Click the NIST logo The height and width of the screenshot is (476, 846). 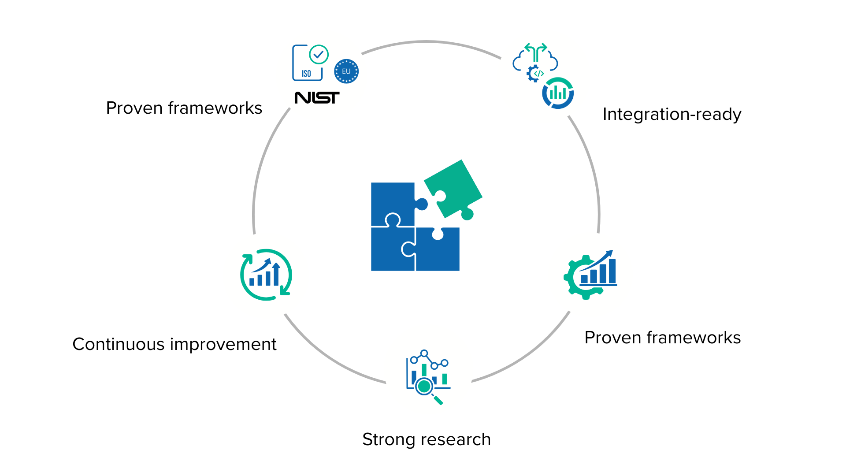pos(317,97)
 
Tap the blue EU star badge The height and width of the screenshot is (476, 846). pos(346,71)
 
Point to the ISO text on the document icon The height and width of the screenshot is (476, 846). pos(306,74)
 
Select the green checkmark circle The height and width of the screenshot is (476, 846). pos(319,55)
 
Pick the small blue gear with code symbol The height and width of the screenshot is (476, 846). pos(535,73)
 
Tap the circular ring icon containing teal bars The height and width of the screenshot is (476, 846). pos(558,93)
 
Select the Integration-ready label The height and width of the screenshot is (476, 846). pos(672,114)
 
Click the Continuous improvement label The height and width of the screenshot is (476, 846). pos(174,344)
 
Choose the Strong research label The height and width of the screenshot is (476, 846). pos(427,439)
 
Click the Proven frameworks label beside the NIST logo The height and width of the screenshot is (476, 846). pos(184,108)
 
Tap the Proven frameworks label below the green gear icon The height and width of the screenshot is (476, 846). pos(662,338)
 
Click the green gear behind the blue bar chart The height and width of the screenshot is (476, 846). pos(575,278)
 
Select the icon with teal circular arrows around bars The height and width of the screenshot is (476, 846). pos(266,275)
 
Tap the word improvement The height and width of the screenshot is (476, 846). pos(225,344)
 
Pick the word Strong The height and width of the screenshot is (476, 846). pos(388,439)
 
